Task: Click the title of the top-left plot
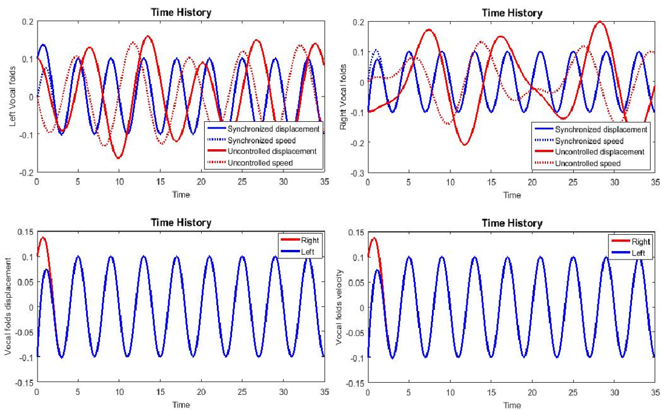(181, 12)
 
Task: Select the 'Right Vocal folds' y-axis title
(344, 97)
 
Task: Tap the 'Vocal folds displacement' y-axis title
(8, 308)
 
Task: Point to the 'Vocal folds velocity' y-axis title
(340, 308)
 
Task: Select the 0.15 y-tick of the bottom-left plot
(23, 232)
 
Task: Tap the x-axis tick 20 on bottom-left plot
(201, 392)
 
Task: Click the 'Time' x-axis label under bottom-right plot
(511, 405)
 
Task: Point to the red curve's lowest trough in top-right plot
(465, 144)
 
